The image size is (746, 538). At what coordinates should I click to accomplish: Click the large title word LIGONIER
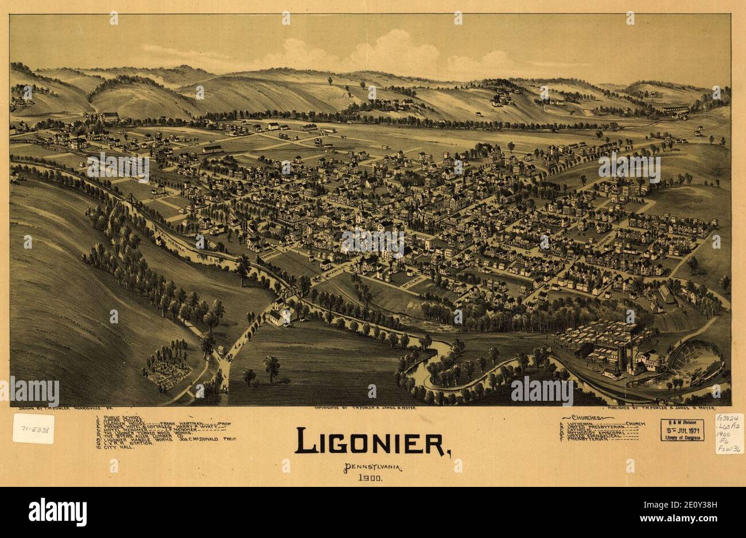372,441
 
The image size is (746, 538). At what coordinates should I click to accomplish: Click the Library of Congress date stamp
682,430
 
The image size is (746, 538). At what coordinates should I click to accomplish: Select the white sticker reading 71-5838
33,428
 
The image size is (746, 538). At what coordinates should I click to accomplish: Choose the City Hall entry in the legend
115,446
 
